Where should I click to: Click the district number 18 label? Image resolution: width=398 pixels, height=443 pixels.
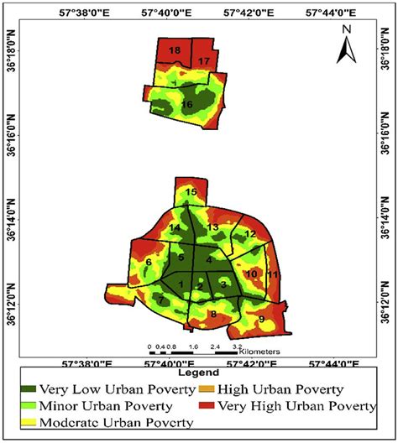[x=175, y=51]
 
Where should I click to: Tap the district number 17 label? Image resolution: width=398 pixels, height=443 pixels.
[x=204, y=62]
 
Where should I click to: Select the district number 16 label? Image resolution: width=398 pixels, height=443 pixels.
[x=186, y=104]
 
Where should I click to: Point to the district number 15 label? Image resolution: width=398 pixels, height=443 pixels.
[x=191, y=193]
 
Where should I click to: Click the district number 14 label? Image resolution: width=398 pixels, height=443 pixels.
[x=175, y=228]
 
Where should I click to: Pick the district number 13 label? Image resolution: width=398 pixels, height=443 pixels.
[x=213, y=228]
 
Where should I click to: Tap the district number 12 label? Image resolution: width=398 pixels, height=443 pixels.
[x=249, y=233]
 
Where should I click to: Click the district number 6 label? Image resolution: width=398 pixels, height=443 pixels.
[x=149, y=263]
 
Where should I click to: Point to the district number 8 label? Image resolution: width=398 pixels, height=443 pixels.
[x=213, y=315]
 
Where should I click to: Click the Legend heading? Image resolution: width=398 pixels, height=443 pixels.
[x=199, y=372]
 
